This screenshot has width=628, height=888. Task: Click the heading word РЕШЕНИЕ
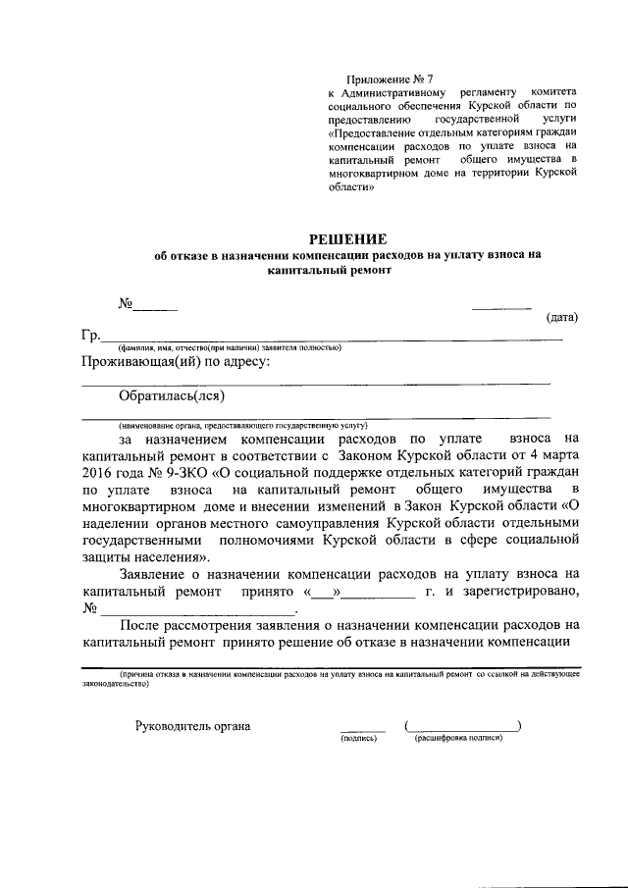(348, 238)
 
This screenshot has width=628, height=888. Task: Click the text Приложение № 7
(390, 78)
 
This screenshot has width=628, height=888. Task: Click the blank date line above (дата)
(501, 308)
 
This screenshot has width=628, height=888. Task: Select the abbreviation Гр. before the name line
(91, 337)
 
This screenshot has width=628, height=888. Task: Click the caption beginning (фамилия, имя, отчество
(230, 348)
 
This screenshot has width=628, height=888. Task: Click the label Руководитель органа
(192, 726)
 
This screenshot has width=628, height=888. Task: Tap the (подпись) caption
(358, 738)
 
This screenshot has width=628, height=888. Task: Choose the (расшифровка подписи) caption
(459, 738)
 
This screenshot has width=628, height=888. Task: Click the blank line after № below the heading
(155, 308)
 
